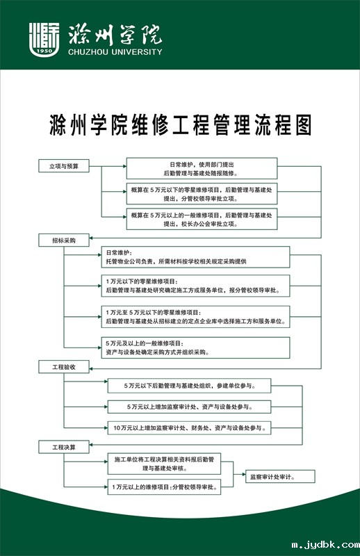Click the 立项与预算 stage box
pyautogui.click(x=64, y=166)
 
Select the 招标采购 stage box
pyautogui.click(x=64, y=240)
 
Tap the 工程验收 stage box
pyautogui.click(x=64, y=367)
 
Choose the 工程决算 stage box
pyautogui.click(x=64, y=447)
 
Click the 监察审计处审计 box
pyautogui.click(x=280, y=477)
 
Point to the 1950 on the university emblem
pyautogui.click(x=44, y=51)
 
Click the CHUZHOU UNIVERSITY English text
pyautogui.click(x=115, y=51)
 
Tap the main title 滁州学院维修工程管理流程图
pyautogui.click(x=180, y=125)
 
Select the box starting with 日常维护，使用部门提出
pyautogui.click(x=202, y=168)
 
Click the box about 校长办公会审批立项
pyautogui.click(x=202, y=219)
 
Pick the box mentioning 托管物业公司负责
pyautogui.click(x=195, y=257)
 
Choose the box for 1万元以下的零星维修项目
pyautogui.click(x=195, y=286)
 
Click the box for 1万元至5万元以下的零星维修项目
pyautogui.click(x=195, y=317)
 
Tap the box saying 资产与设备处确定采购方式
pyautogui.click(x=195, y=347)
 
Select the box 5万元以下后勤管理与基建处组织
pyautogui.click(x=190, y=386)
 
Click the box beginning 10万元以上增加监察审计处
pyautogui.click(x=190, y=428)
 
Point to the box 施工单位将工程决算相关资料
pyautogui.click(x=164, y=464)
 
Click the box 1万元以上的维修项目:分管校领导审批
pyautogui.click(x=164, y=487)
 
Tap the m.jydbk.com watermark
pyautogui.click(x=325, y=545)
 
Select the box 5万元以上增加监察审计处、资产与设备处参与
pyautogui.click(x=190, y=407)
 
